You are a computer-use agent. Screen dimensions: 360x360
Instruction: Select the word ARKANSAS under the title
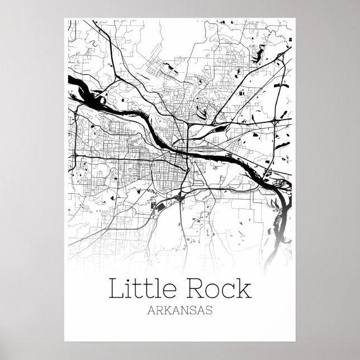179,311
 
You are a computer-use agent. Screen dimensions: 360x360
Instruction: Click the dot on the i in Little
127,280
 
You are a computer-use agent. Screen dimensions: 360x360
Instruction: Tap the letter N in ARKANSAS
187,311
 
